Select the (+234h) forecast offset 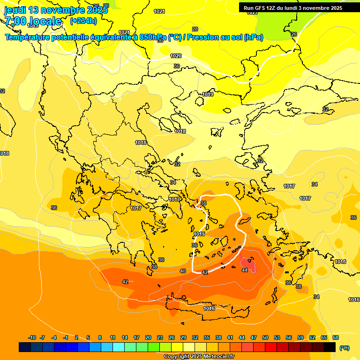[x=83, y=21]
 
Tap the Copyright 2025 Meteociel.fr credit [x=199, y=357]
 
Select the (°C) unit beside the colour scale [x=344, y=348]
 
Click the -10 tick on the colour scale [x=32, y=337]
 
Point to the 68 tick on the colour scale [x=336, y=337]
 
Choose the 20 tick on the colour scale [x=148, y=337]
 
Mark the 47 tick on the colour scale [x=254, y=337]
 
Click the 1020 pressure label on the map [x=176, y=56]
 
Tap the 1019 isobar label [x=208, y=94]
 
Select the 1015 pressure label [x=200, y=234]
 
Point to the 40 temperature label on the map [x=183, y=271]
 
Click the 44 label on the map [x=245, y=270]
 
